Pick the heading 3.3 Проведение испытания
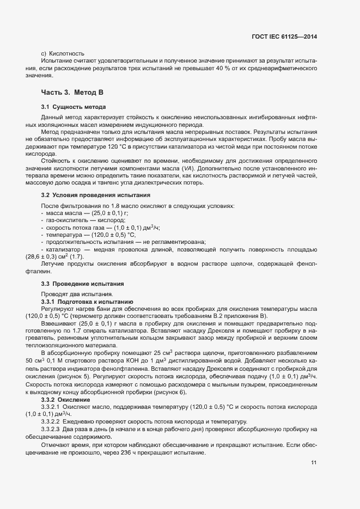(82, 284)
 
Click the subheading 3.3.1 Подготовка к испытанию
(87, 302)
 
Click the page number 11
(314, 463)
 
